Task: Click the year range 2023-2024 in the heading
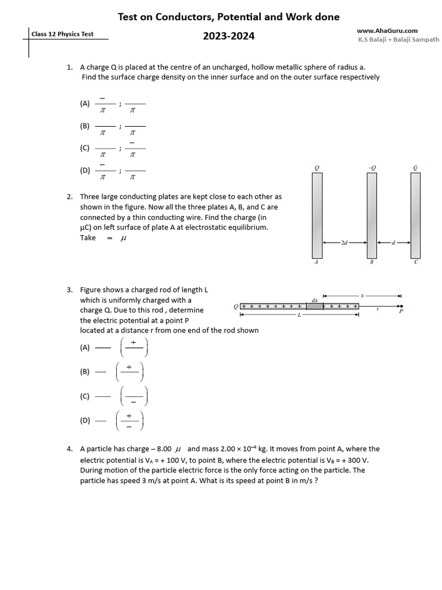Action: pyautogui.click(x=228, y=37)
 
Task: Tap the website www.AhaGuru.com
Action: pyautogui.click(x=387, y=31)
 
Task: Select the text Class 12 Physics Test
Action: pyautogui.click(x=62, y=35)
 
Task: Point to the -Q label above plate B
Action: pyautogui.click(x=372, y=168)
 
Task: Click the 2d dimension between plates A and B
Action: pyautogui.click(x=344, y=243)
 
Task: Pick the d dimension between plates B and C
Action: pyautogui.click(x=393, y=243)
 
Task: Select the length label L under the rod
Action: pyautogui.click(x=299, y=315)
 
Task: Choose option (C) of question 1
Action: pyautogui.click(x=85, y=148)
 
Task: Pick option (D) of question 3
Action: pyautogui.click(x=85, y=421)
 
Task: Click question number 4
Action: pyautogui.click(x=69, y=449)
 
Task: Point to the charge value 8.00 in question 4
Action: pyautogui.click(x=161, y=449)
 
